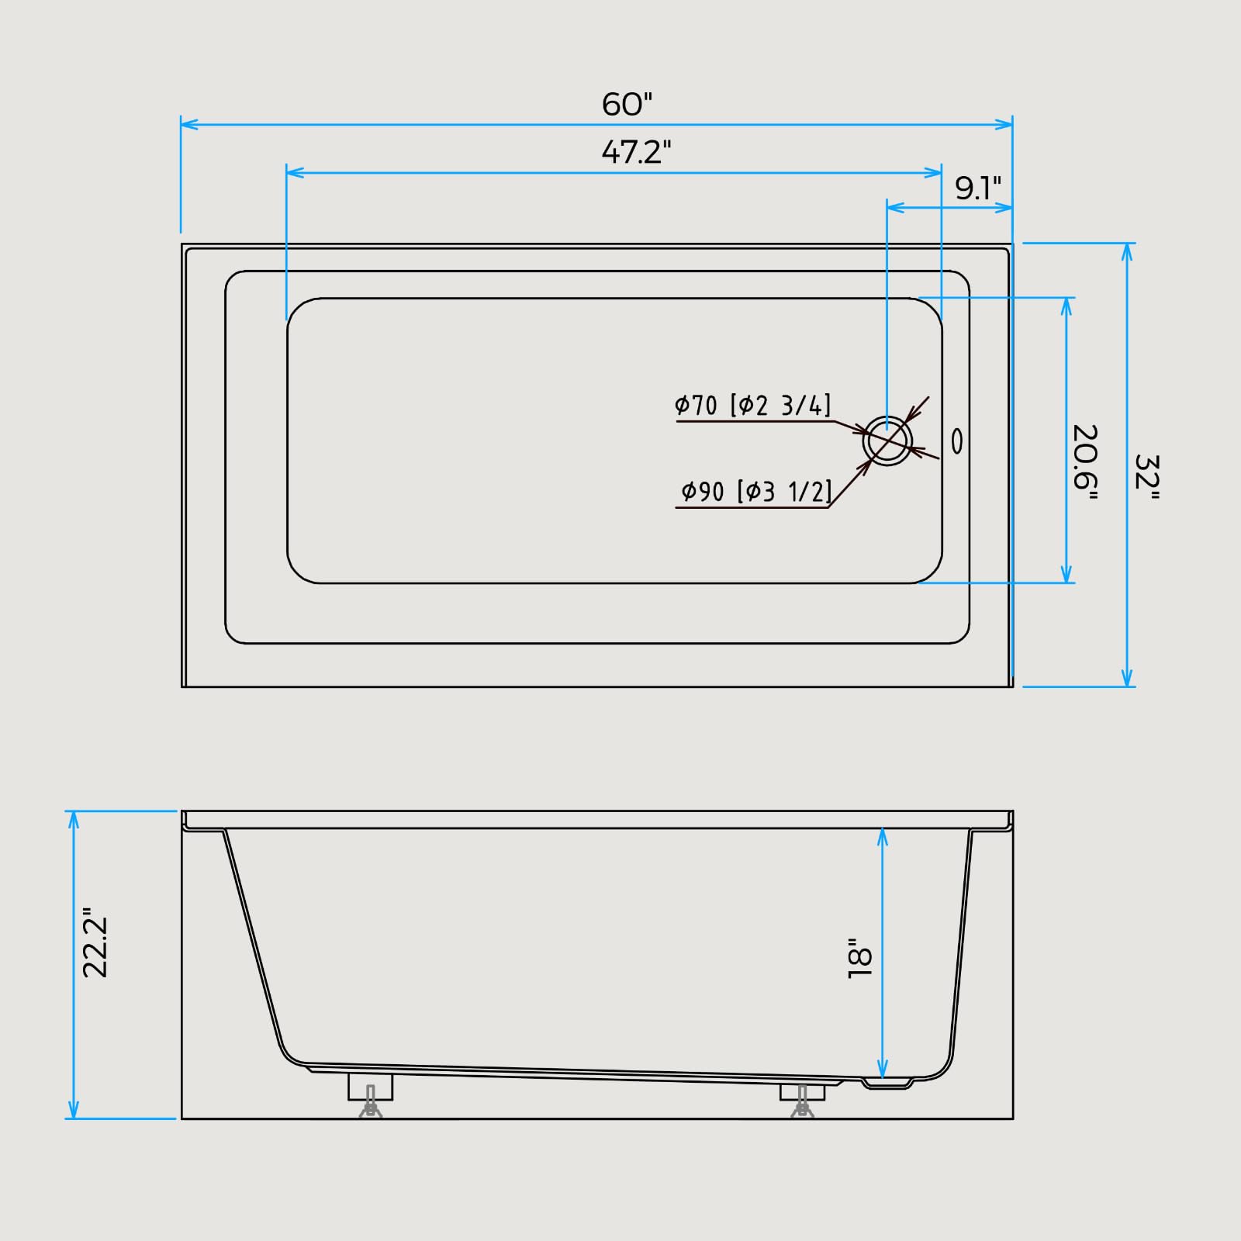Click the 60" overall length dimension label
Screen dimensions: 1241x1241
click(x=627, y=104)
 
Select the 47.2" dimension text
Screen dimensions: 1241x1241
click(x=636, y=151)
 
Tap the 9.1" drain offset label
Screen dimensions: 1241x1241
click(x=978, y=187)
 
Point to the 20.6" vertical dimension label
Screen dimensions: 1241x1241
click(x=1085, y=462)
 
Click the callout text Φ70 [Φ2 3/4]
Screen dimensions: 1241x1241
click(x=752, y=405)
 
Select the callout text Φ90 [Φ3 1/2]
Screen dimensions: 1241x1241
click(x=756, y=491)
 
